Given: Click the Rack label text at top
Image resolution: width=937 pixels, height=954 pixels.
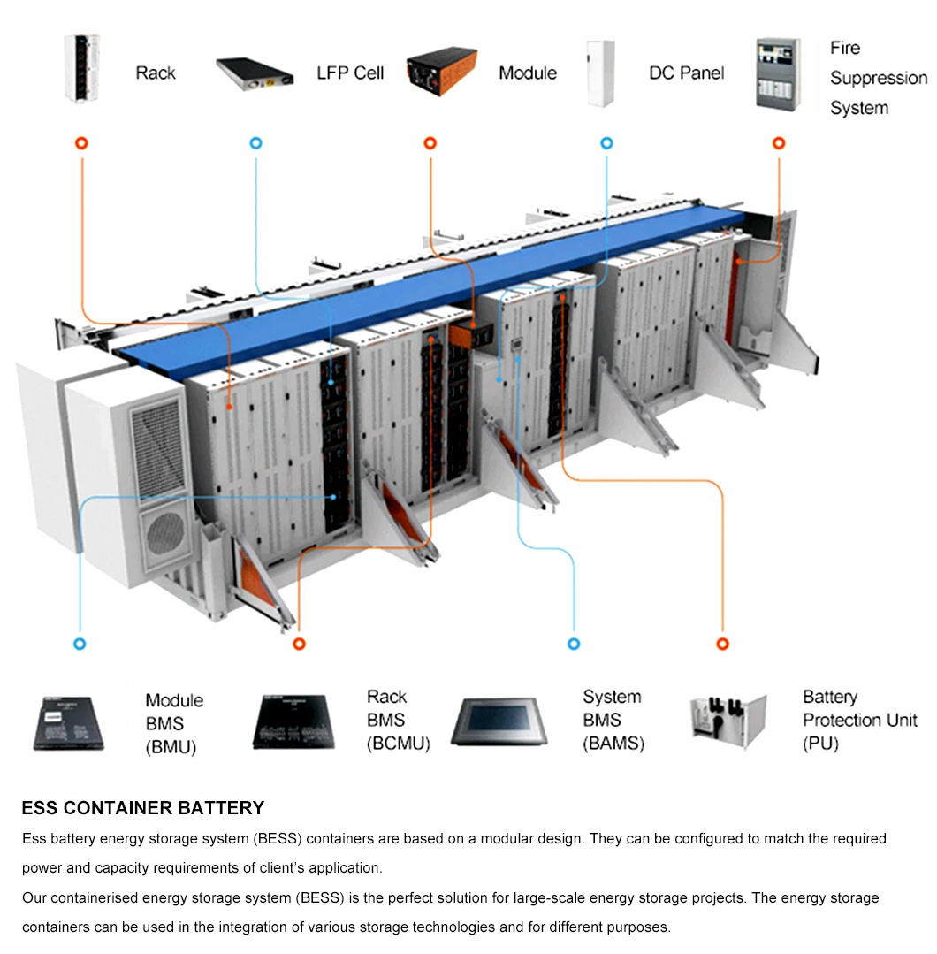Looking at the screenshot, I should coord(156,73).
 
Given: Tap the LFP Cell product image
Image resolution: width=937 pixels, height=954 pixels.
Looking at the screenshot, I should coord(255,73).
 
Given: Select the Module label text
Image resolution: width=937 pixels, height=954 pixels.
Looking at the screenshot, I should coord(528,73).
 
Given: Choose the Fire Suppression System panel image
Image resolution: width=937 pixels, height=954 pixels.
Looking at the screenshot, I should coord(779,73).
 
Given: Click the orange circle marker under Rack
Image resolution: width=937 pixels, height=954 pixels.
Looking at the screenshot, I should coord(81,143).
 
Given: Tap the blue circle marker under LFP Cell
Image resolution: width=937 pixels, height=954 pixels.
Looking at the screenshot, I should coord(256,143).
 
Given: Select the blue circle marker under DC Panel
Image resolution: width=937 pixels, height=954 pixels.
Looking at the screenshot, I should coord(606,143).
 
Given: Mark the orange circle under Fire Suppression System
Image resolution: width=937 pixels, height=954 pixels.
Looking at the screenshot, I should coord(779,143).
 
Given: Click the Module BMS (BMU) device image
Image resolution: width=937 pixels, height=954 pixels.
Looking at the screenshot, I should coord(69,723).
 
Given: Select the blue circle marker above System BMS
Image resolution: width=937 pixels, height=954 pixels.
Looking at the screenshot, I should coord(574,645).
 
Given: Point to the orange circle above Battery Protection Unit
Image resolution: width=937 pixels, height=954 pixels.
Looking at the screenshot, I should coord(723,645).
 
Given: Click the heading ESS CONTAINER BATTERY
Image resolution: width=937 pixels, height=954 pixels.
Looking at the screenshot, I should coord(143,808).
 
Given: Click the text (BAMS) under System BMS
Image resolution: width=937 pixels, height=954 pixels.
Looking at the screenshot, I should coord(613,744).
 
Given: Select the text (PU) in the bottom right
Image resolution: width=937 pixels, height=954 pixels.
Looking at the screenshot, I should coord(820,744).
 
